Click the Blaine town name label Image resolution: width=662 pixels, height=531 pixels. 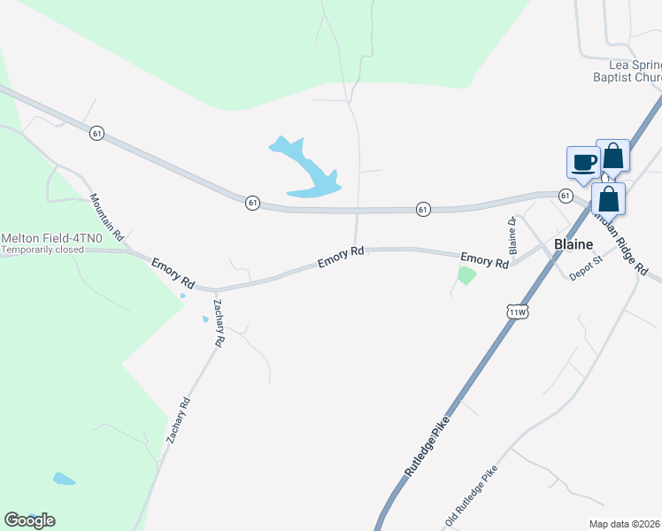coord(573,244)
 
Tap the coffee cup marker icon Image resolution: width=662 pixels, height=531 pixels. coord(582,163)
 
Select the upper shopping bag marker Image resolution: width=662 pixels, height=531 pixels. coord(612,157)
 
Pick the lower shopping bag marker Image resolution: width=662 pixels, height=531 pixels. coord(608,198)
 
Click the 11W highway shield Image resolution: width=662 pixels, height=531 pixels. coord(518,312)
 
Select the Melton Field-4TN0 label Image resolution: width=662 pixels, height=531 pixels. coord(41,238)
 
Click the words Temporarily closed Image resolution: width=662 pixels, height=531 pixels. coord(42,250)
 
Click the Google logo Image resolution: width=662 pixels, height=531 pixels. coord(28,520)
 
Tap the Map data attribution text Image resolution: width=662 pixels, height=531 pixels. coord(625,524)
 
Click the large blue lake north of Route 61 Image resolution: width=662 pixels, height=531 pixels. coord(309,172)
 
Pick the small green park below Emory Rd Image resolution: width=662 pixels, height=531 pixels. coord(466,275)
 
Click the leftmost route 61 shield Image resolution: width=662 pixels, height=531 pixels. coord(96,133)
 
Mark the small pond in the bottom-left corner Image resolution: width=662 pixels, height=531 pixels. coord(63,480)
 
